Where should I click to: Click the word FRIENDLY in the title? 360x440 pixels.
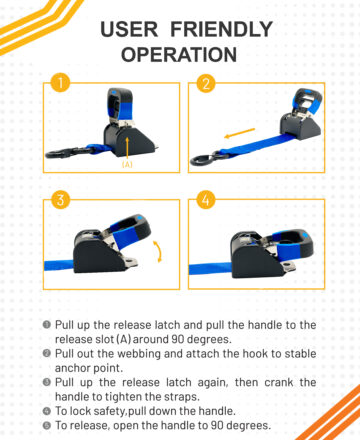[222, 29]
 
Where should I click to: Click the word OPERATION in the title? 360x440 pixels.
[179, 54]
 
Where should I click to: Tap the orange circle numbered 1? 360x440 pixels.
[61, 83]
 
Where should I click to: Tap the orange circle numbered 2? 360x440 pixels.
[206, 83]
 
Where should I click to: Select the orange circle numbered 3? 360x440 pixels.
[61, 200]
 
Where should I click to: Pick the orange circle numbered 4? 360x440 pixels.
[206, 200]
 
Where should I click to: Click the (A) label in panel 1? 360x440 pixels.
[127, 164]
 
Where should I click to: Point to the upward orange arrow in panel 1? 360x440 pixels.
[127, 148]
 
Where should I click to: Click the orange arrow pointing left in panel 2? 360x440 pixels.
[239, 133]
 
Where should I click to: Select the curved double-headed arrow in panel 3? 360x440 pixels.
[159, 252]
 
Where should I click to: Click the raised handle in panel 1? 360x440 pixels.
[119, 104]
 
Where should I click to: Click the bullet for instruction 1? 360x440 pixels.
[47, 324]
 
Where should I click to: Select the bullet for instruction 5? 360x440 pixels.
[47, 425]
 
